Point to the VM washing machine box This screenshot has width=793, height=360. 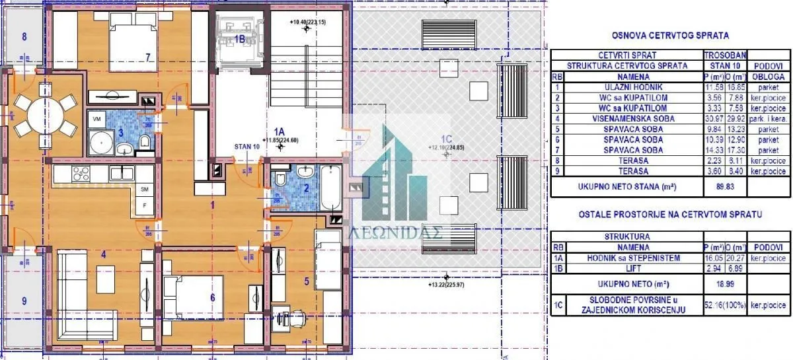point(97,119)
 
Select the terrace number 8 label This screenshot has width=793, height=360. point(24,36)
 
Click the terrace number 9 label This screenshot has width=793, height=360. point(24,301)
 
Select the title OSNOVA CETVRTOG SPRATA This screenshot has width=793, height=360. point(670,35)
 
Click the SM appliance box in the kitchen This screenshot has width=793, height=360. point(145,189)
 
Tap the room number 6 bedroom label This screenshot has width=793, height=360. point(212,297)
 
